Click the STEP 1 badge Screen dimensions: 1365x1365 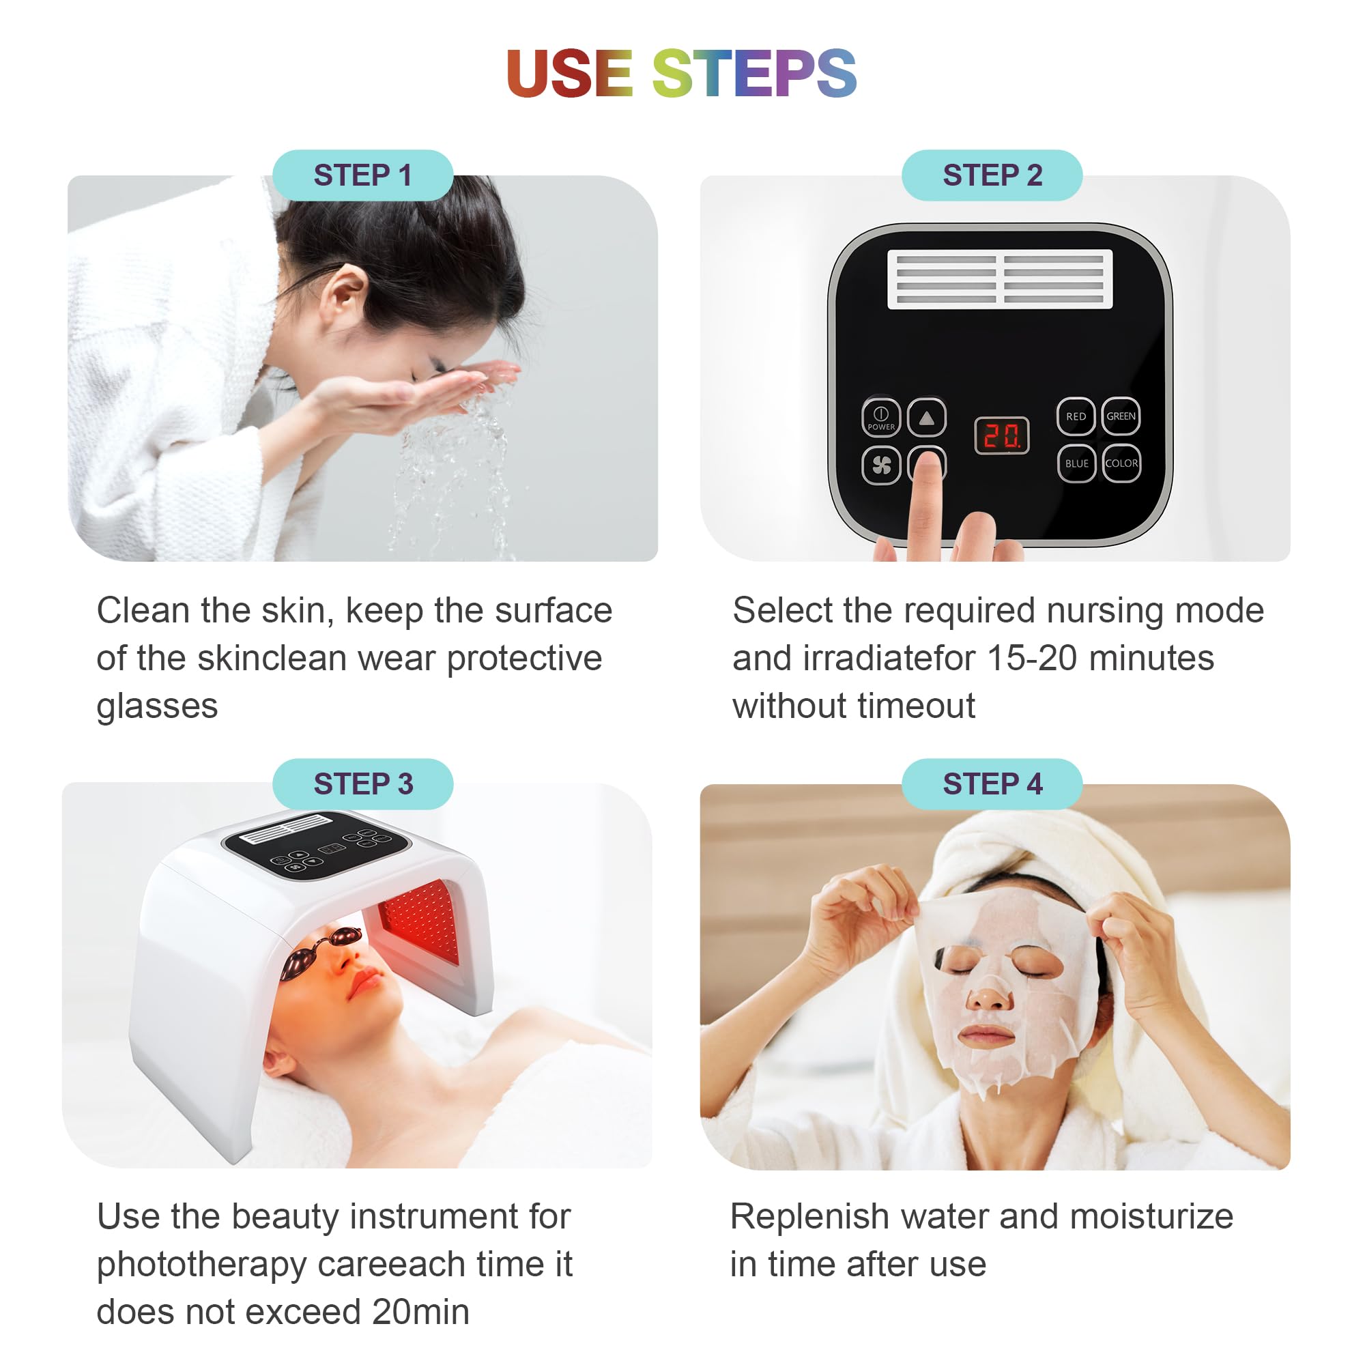point(362,175)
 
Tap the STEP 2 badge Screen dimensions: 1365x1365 point(992,175)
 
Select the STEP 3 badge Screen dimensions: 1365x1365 point(362,784)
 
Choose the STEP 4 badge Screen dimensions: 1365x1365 point(992,784)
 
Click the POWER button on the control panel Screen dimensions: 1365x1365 point(881,417)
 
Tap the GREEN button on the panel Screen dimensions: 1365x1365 point(1121,416)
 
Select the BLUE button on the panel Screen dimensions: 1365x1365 point(1076,463)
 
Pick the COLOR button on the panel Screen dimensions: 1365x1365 point(1121,463)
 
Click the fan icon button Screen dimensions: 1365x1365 point(881,465)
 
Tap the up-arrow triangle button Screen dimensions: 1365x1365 point(926,418)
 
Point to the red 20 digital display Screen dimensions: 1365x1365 point(1002,436)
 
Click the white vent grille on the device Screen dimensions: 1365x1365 point(1000,279)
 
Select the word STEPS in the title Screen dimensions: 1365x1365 point(754,74)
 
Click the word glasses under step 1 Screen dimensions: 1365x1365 point(157,706)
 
